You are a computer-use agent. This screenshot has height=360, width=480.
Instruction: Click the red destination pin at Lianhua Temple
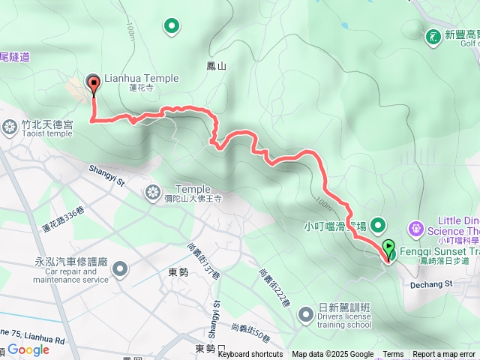point(94,85)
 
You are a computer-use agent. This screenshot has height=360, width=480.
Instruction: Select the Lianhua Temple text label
point(141,78)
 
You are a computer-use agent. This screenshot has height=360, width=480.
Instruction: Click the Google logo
point(28,349)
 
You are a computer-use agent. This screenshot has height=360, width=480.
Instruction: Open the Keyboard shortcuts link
point(250,355)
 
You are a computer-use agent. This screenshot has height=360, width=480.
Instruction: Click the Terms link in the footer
point(393,355)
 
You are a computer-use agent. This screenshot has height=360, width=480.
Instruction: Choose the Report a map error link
point(443,355)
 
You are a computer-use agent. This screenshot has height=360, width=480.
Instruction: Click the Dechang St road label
point(432,263)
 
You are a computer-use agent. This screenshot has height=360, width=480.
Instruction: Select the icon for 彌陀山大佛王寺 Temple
point(154,193)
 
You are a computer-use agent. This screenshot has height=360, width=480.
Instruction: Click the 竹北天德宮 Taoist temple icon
point(10,126)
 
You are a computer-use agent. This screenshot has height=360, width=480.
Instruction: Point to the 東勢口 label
point(209,349)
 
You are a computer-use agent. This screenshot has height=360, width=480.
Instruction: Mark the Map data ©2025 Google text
point(332,355)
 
